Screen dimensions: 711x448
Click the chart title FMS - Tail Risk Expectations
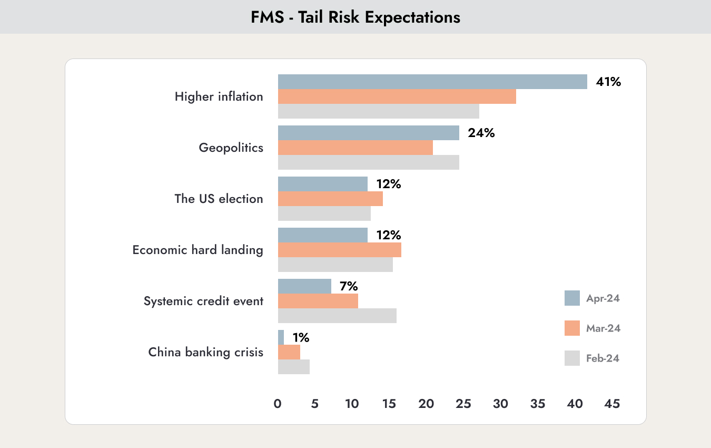coord(355,17)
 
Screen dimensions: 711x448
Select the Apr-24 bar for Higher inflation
coord(432,82)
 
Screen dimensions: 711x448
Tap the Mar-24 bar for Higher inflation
coord(397,96)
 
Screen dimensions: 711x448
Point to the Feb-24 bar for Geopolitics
coord(369,162)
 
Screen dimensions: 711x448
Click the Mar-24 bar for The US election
coord(330,199)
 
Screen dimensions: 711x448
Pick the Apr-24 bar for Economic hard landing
coord(323,235)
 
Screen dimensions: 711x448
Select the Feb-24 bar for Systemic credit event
coord(337,316)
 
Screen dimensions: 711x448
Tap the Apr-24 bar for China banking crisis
coord(281,337)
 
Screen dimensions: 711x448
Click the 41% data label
coord(608,82)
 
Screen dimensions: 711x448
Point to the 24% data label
coord(481,133)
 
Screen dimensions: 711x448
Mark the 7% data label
coord(349,286)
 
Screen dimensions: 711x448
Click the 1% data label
coord(301,337)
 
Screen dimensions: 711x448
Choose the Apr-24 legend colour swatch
coord(572,298)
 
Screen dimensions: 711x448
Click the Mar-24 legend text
coord(603,328)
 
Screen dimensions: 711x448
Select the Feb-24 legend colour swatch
coord(572,358)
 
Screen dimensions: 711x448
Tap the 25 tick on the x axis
coord(463,404)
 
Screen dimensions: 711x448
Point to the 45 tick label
coord(612,404)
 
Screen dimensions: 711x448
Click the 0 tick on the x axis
coord(278,404)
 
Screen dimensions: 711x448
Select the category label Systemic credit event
coord(203,301)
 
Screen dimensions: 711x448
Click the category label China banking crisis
coord(206,353)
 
